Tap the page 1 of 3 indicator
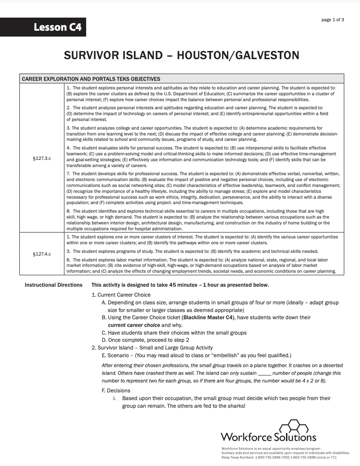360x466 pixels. point(332,20)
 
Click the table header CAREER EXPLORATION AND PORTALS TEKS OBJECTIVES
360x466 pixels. point(91,79)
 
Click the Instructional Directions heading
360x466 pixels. point(53,285)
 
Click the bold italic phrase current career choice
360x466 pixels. point(134,325)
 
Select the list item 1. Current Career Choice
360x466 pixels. point(121,295)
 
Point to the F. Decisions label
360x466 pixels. point(116,391)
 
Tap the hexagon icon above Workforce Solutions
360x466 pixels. point(293,426)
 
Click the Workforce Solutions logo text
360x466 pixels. point(268,437)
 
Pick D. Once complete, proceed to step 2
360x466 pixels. point(145,340)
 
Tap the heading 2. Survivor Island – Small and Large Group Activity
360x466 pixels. point(152,348)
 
